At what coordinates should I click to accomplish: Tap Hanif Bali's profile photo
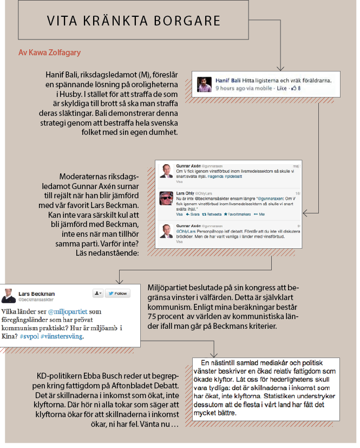pos(204,83)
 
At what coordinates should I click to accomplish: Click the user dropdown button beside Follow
pos(98,293)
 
